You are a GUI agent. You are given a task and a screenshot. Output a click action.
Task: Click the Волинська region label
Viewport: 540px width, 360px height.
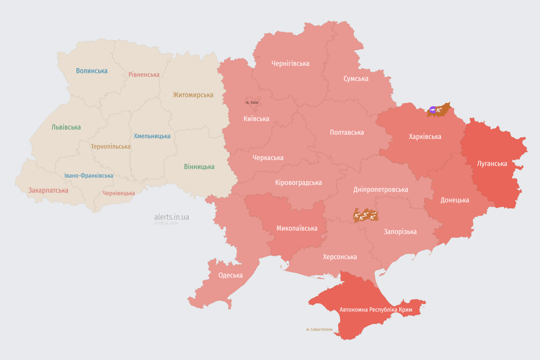point(92,71)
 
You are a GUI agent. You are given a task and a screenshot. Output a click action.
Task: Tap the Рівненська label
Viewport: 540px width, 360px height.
point(144,75)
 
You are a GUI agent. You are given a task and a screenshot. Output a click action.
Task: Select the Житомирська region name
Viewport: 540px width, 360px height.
point(193,95)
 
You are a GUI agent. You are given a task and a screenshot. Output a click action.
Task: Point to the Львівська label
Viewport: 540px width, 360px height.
point(66,127)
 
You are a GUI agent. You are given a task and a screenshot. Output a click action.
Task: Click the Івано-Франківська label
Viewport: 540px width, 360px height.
point(89,176)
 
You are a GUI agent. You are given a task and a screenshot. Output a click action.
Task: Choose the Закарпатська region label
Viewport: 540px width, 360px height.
point(48,190)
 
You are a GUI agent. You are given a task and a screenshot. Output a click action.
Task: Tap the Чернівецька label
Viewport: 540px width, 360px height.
point(119,193)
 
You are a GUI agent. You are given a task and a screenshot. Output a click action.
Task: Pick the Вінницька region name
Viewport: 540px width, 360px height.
point(199,166)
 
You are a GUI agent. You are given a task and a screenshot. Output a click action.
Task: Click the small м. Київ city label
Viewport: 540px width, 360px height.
point(252,102)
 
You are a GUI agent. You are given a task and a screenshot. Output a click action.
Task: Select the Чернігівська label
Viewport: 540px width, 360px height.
point(290,63)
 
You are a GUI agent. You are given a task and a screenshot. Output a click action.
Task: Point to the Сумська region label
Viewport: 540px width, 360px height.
point(356,78)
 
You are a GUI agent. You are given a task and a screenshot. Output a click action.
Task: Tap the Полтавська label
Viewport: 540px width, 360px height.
point(347,132)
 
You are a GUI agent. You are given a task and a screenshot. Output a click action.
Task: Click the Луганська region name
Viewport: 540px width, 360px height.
point(492,164)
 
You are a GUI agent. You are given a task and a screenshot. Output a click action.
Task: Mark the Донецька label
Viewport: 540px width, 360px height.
point(455,200)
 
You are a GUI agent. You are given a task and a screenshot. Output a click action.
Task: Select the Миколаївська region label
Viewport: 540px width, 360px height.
point(297,228)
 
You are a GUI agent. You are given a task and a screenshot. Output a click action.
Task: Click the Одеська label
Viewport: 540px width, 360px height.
point(231,275)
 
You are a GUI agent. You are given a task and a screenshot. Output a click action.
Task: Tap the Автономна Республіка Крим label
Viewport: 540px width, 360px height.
point(376,310)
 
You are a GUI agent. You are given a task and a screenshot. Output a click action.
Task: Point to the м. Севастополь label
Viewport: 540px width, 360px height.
point(319,330)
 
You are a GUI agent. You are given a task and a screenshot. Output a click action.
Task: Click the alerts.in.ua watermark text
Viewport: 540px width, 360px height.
point(172,217)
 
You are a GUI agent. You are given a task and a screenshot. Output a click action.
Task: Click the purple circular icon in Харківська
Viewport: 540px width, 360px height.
point(433,110)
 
